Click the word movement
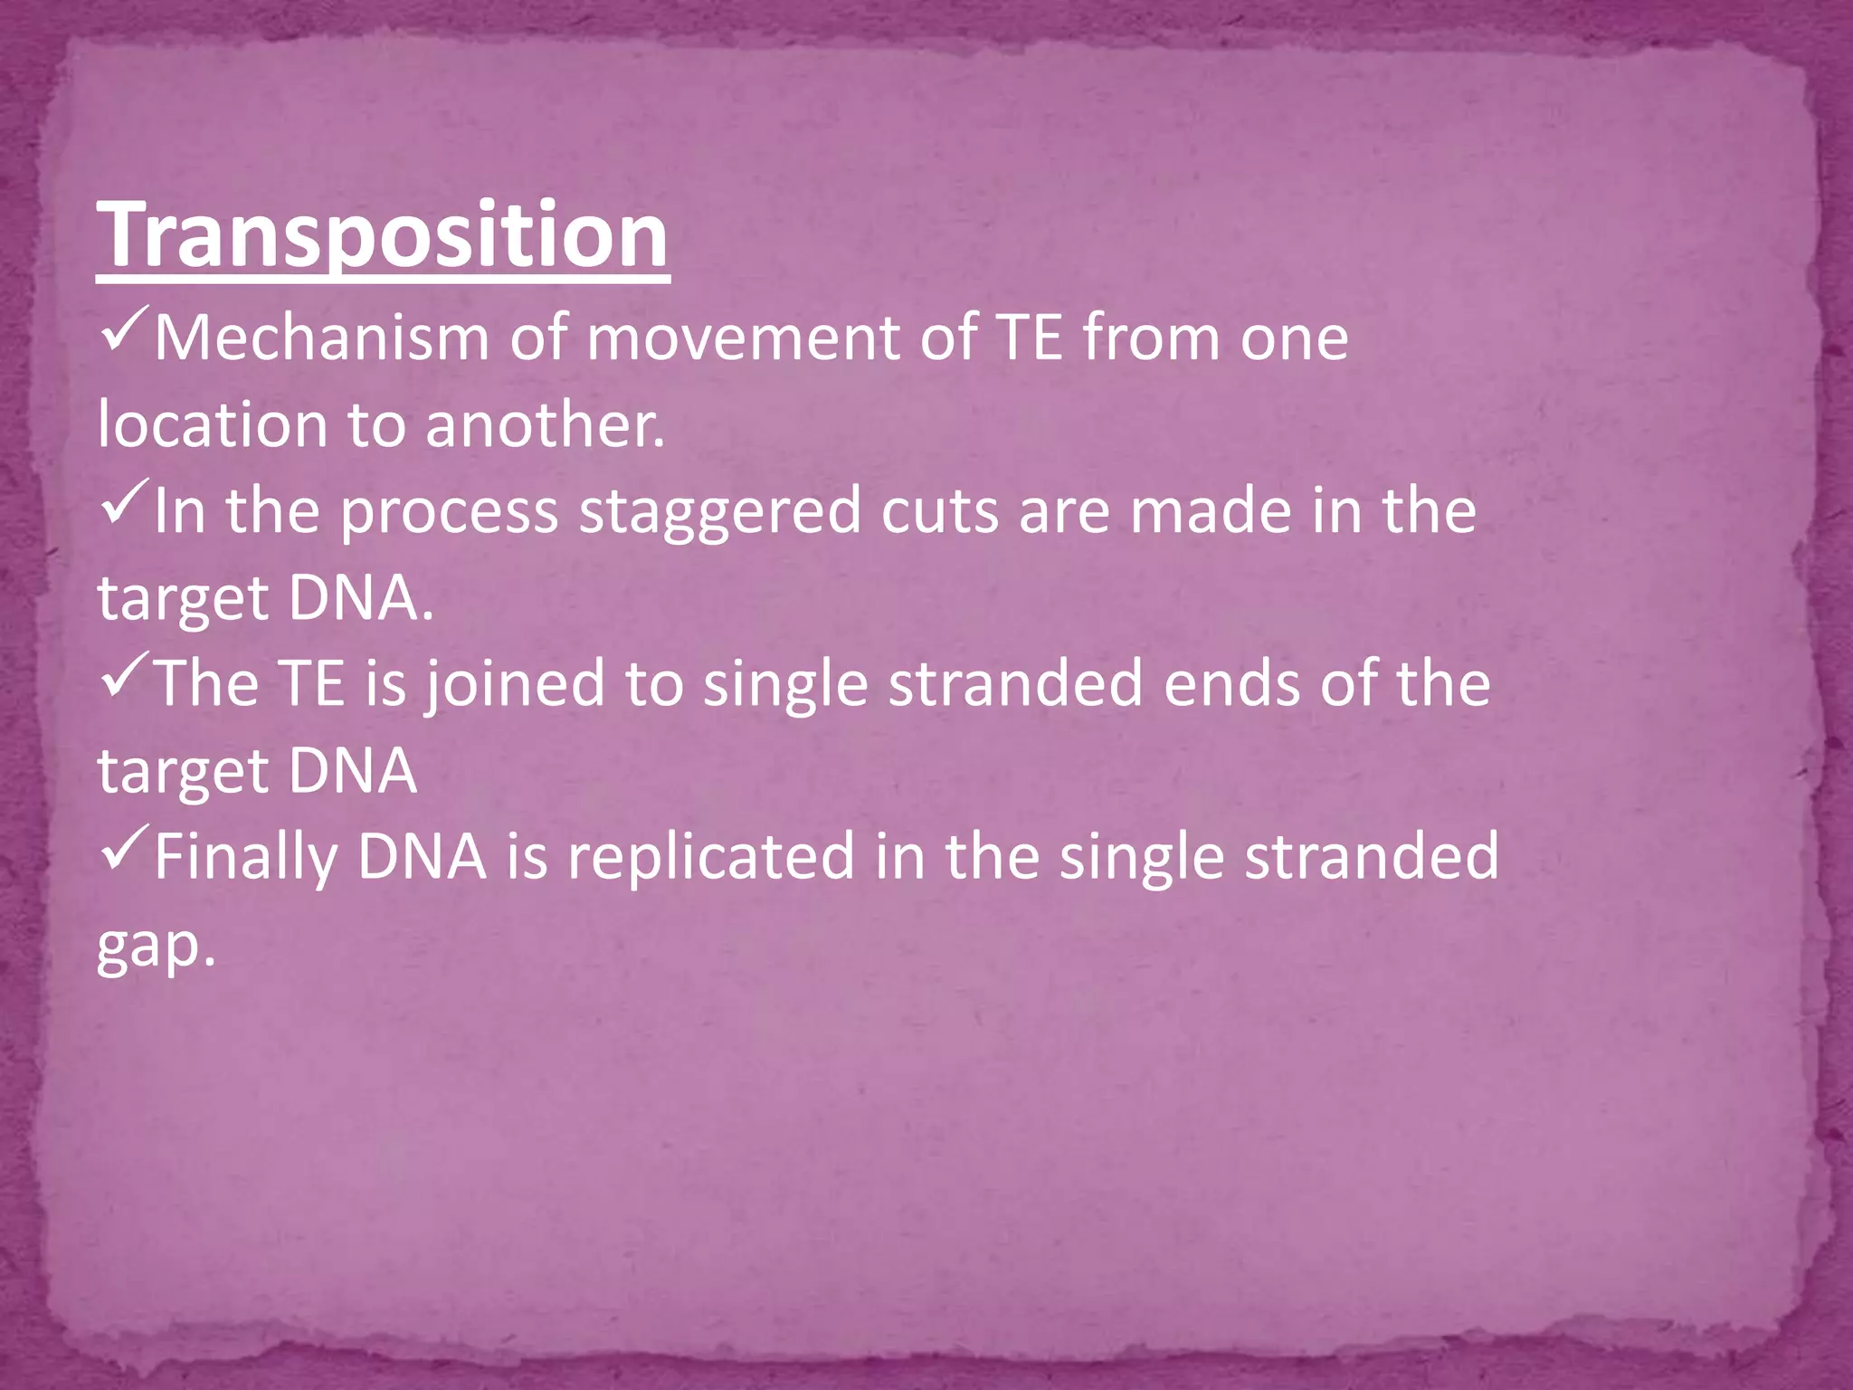pyautogui.click(x=743, y=338)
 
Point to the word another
pyautogui.click(x=545, y=424)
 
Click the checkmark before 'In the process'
pyautogui.click(x=124, y=507)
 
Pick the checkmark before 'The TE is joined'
pyautogui.click(x=124, y=680)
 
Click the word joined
pyautogui.click(x=515, y=685)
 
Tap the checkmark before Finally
pyautogui.click(x=124, y=852)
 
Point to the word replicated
pyautogui.click(x=710, y=857)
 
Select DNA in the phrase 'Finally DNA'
pyautogui.click(x=422, y=857)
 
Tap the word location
pyautogui.click(x=213, y=424)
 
